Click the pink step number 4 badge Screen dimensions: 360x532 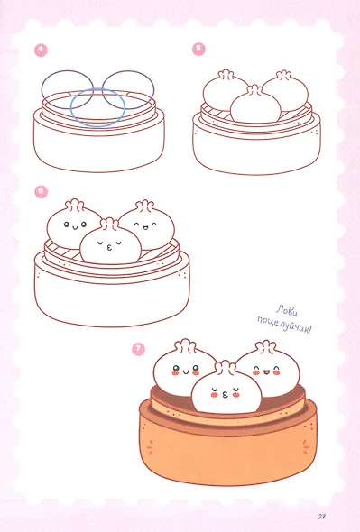pos(41,50)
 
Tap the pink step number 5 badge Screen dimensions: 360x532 pos(198,49)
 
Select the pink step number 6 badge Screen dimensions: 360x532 pos(42,192)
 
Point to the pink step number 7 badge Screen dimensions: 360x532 pos(138,349)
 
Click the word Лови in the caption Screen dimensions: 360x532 pos(287,311)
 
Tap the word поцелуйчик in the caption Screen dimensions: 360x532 pos(284,324)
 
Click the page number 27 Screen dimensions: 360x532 pos(322,517)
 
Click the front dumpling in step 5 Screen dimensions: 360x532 pos(255,105)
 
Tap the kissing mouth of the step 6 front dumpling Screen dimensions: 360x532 pos(109,249)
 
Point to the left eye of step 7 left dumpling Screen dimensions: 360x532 pos(176,369)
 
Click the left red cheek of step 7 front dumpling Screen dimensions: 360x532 pos(214,395)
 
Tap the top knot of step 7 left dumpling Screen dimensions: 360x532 pos(185,345)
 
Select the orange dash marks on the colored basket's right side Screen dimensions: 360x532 pos(306,447)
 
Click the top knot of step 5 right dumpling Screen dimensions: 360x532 pos(283,76)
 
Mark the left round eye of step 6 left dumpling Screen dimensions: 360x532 pos(67,225)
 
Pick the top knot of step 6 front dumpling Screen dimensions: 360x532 pos(109,224)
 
